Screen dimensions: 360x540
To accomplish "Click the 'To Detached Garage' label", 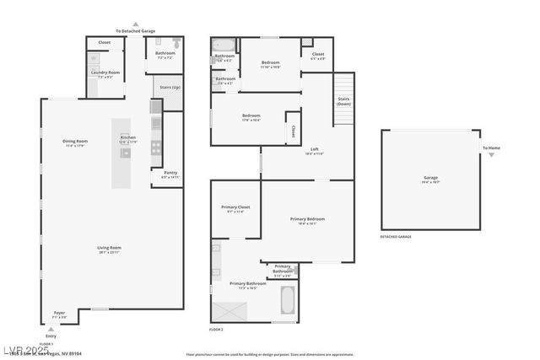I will coord(135,30).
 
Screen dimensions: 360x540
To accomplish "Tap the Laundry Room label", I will coord(105,75).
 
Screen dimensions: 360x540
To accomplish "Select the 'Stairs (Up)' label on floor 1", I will coord(166,88).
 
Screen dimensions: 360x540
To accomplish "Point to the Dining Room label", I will coord(75,142).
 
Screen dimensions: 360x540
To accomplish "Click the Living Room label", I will coord(108,249).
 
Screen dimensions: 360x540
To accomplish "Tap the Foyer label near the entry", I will coord(59,314).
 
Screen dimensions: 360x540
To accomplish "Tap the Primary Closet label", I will coord(235,209).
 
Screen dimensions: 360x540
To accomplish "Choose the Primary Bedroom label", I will coord(307,221).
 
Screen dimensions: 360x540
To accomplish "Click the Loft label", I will coord(314,152).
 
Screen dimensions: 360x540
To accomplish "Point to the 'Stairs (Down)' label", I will coord(343,101).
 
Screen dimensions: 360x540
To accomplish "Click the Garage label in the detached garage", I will coord(430,179).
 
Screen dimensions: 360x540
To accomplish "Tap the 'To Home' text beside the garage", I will coord(491,148).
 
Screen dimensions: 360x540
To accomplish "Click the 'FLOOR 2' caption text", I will coord(217,329).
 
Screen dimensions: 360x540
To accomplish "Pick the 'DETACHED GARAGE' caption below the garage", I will coord(395,237).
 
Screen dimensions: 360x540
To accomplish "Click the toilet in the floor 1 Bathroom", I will coord(176,43).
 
